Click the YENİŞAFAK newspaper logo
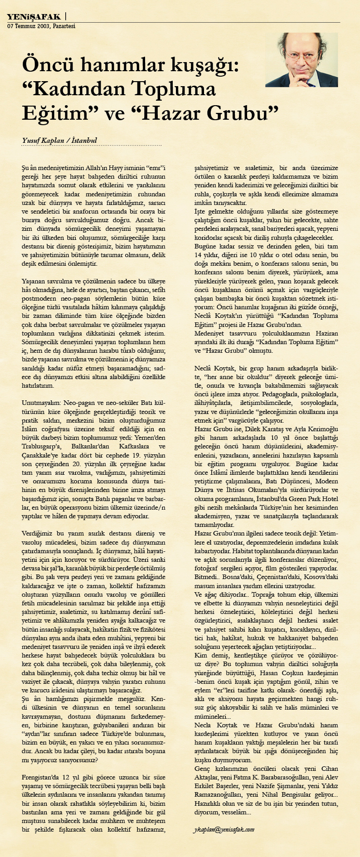[34, 17]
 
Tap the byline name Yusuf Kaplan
[41, 140]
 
